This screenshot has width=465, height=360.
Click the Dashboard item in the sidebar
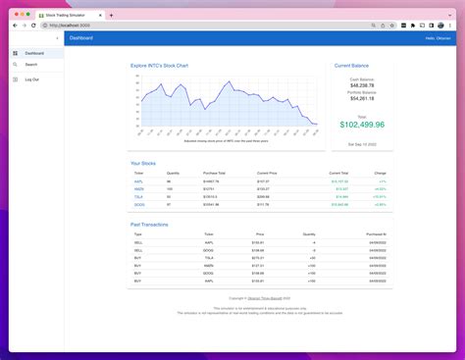click(x=33, y=53)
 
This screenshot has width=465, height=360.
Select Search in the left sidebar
click(x=31, y=65)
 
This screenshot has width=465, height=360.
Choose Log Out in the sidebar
click(x=32, y=78)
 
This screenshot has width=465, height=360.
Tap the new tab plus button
click(x=112, y=15)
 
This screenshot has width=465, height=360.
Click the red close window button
click(x=16, y=15)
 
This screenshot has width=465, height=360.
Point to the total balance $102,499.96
click(x=362, y=125)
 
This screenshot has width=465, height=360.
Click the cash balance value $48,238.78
click(x=361, y=85)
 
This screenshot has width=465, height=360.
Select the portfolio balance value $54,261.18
click(x=361, y=98)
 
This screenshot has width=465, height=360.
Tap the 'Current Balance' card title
click(x=351, y=66)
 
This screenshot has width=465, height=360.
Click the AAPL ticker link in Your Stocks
click(x=138, y=181)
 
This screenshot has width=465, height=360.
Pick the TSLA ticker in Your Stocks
click(x=138, y=196)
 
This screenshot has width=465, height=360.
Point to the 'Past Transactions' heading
click(x=149, y=225)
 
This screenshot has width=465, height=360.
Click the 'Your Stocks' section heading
click(x=143, y=163)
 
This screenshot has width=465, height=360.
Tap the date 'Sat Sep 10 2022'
click(x=361, y=144)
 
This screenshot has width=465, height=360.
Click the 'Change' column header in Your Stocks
click(x=381, y=173)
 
